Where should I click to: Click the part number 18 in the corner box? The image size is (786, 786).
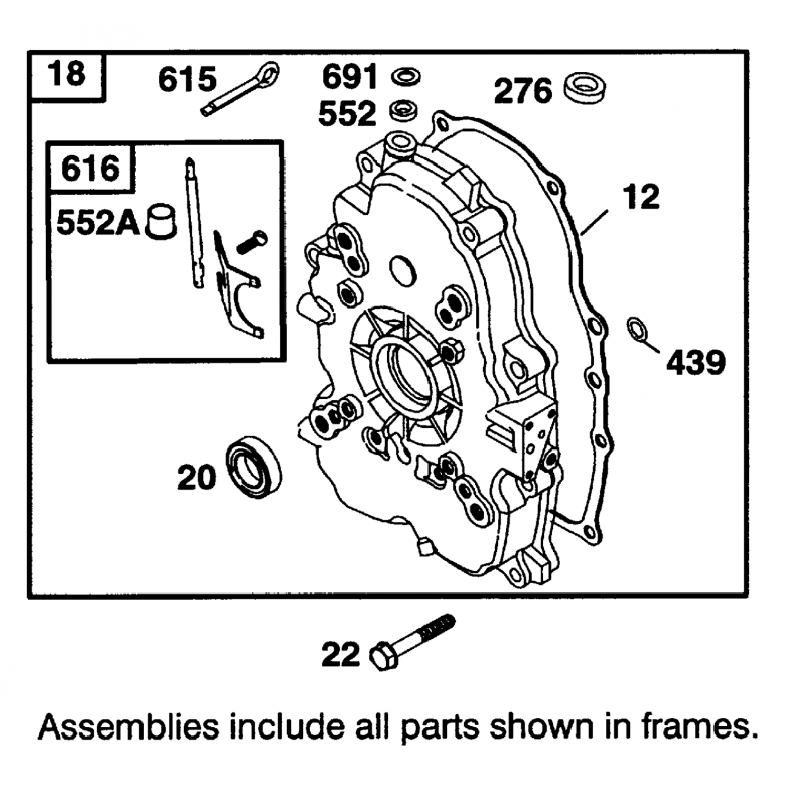click(67, 74)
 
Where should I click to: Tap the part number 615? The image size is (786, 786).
click(187, 80)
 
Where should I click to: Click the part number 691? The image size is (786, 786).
click(349, 77)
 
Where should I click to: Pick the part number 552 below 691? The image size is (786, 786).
click(347, 113)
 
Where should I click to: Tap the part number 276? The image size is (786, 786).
click(523, 91)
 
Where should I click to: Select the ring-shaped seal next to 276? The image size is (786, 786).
click(586, 87)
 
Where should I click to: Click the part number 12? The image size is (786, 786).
click(641, 196)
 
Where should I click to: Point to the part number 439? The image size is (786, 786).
click(696, 362)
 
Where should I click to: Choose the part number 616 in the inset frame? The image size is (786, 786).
click(90, 169)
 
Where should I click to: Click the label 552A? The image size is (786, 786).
click(98, 223)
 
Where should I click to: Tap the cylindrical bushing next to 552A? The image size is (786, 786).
click(161, 222)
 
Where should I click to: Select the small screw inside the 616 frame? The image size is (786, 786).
click(252, 242)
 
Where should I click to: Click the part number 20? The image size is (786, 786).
click(196, 477)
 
